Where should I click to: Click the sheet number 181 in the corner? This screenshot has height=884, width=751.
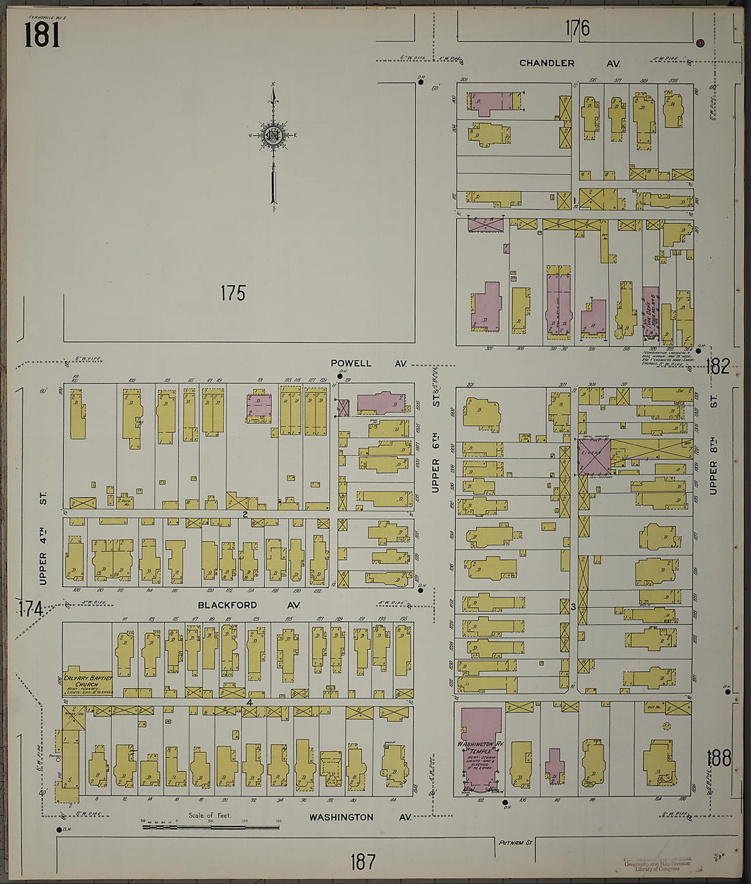tap(42, 34)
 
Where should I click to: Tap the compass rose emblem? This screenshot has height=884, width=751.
tap(273, 134)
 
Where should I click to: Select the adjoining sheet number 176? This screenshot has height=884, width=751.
tap(577, 28)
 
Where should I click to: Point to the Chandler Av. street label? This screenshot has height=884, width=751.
tap(569, 63)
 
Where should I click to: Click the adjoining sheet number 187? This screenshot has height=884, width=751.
tap(362, 861)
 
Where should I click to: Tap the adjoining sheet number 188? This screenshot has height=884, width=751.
tap(719, 758)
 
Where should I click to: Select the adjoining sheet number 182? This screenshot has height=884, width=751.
tap(718, 367)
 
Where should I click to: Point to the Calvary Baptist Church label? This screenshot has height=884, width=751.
tap(87, 681)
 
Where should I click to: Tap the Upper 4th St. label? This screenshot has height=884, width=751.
tap(43, 539)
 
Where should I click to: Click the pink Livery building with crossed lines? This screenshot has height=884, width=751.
tap(593, 457)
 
